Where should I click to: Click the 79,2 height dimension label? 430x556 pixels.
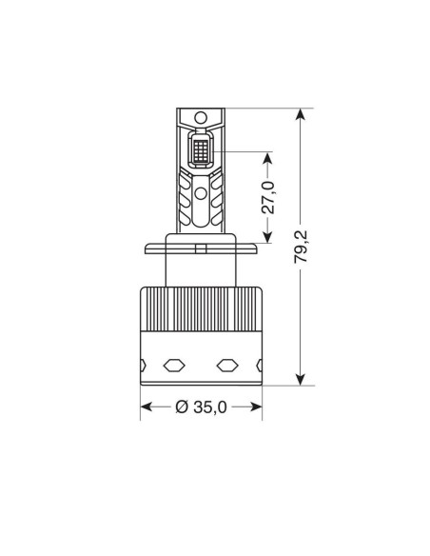pos(301,247)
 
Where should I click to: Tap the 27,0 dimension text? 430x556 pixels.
pos(268,197)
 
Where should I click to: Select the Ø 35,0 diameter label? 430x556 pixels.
pos(201,407)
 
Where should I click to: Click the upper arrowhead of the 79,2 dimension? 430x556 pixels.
pos(301,115)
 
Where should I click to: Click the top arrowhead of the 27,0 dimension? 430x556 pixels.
pos(267,158)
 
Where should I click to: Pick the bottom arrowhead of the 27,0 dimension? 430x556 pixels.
pos(267,236)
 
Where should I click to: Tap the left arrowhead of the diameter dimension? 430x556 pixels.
pos(147,407)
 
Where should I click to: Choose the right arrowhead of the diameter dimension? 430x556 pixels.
pos(255,407)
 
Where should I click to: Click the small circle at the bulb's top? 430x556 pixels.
pos(201,117)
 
